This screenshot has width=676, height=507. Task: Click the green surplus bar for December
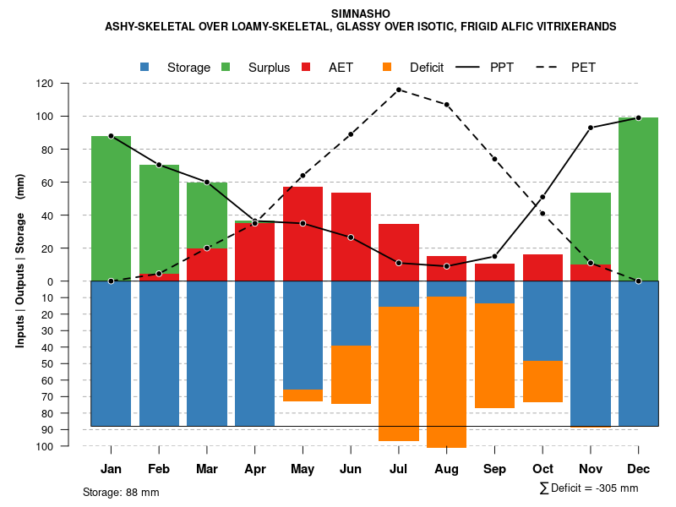coord(638,199)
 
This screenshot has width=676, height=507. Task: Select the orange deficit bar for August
coord(446,372)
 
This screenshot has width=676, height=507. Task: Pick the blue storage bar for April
coord(254,353)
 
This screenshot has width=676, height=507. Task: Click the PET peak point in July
coord(398,90)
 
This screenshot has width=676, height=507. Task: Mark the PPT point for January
coord(111,136)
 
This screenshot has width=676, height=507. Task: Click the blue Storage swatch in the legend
coord(145,68)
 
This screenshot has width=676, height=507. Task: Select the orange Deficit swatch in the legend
coord(388,68)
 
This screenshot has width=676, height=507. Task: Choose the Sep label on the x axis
coord(494,469)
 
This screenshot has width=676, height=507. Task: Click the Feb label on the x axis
coord(159,469)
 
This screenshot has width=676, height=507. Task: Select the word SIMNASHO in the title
coord(361,14)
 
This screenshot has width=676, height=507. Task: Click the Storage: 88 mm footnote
coord(121,492)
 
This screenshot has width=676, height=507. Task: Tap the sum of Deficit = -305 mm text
coord(589,488)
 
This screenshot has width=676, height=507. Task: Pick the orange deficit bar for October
coord(542,381)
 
